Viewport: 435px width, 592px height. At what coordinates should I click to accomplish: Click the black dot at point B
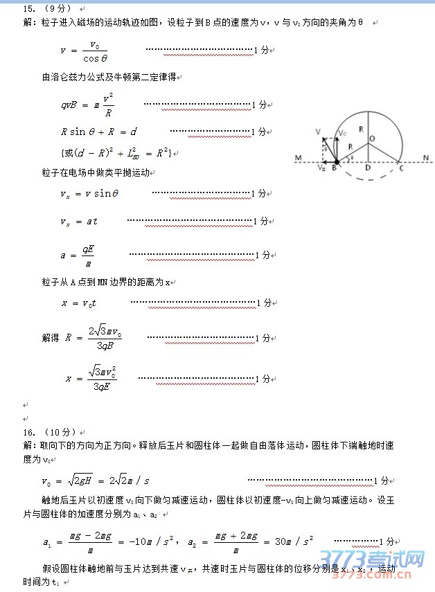(337, 161)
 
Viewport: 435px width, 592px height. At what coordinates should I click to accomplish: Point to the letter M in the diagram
(298, 159)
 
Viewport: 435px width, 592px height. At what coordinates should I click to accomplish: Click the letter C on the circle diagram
(400, 168)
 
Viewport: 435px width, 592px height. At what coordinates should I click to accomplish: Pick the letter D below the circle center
(367, 168)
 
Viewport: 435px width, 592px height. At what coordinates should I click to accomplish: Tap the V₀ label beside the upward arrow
(342, 133)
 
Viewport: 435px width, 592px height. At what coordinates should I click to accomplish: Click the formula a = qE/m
(78, 255)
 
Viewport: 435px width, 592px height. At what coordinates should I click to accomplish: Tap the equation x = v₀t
(79, 303)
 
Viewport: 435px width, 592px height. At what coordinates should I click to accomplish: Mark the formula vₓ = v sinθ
(89, 194)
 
